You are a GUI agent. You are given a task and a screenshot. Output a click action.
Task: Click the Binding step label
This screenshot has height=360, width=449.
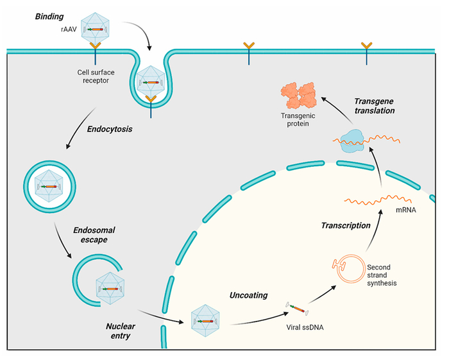pos(49,17)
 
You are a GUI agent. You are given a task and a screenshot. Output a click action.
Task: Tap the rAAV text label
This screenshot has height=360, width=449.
pos(69,29)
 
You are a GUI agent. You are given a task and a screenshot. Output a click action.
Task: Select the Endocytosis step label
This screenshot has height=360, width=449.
pos(110,129)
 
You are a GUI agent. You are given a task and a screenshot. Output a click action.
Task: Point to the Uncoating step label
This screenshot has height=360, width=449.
pos(249,295)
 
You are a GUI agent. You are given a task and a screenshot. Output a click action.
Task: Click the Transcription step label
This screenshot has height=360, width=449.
pos(346,225)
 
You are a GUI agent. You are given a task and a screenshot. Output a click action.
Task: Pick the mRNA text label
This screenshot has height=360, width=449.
pos(406,210)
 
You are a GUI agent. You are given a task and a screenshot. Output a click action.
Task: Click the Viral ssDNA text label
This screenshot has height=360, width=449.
pos(305,327)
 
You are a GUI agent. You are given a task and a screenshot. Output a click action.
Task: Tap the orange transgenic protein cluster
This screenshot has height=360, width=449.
pos(298,96)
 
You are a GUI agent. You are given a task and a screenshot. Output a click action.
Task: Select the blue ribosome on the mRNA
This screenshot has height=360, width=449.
pos(352,141)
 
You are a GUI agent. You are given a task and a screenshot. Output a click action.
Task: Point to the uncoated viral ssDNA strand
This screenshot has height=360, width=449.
pos(297,309)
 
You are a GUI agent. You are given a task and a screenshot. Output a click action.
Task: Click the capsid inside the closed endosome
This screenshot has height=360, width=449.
pos(49,186)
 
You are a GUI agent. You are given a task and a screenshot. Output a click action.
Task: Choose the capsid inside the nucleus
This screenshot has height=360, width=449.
pos(205,320)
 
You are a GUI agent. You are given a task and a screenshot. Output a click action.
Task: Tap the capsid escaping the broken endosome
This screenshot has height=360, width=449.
pos(110,288)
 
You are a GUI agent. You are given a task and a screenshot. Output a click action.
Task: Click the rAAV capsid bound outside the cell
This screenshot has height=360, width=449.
pos(95,29)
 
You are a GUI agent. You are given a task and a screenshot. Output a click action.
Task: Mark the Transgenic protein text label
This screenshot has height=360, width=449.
pos(298,120)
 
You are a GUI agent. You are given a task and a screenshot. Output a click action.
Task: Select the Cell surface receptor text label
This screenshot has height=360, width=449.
pos(96,76)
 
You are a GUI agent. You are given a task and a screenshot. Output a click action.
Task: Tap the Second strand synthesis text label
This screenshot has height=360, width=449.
pos(382,275)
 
